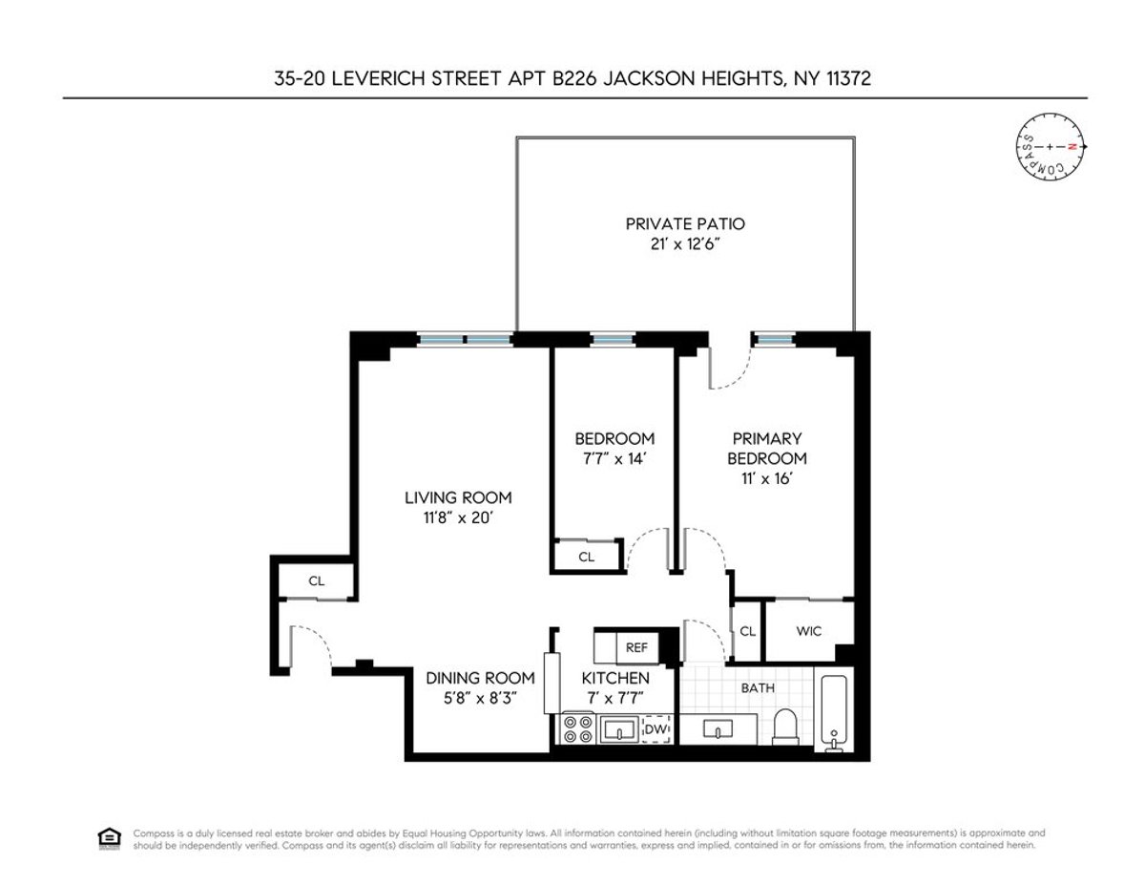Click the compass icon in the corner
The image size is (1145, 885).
pos(1049,148)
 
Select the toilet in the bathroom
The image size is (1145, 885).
pos(785,727)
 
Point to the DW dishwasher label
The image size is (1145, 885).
pos(655,729)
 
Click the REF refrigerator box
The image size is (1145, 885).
pos(636,647)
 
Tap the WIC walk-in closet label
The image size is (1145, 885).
pos(809,631)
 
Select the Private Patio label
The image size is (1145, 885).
pos(684,224)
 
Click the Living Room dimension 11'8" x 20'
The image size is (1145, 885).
pos(458,518)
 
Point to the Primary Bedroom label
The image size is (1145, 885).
pos(768,449)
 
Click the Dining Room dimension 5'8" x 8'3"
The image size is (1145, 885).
pos(480,698)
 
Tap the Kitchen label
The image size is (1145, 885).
pos(615,678)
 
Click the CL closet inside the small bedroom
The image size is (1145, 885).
pos(586,557)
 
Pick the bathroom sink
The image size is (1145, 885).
pos(718,729)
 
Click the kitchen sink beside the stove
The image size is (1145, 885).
pos(621,729)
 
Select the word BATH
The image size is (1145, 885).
pos(760,687)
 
